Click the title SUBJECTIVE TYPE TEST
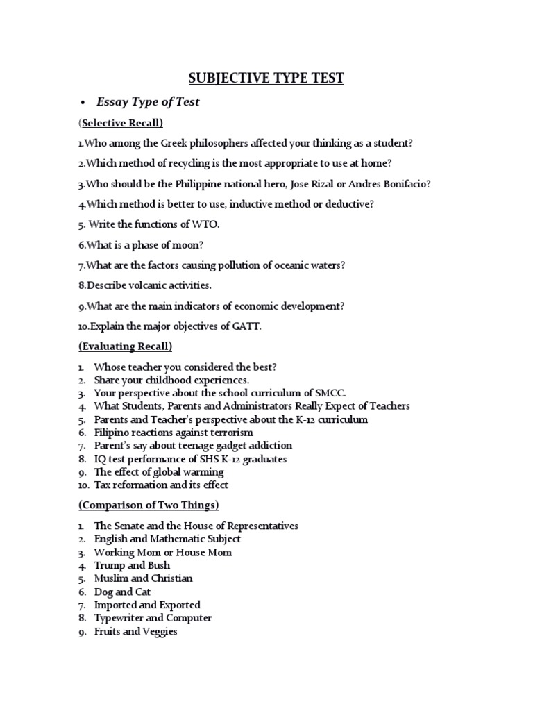267,78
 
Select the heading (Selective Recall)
121,124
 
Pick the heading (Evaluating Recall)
125,346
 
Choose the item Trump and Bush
132,565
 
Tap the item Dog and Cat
122,592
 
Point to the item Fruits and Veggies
135,631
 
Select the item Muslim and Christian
143,578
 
